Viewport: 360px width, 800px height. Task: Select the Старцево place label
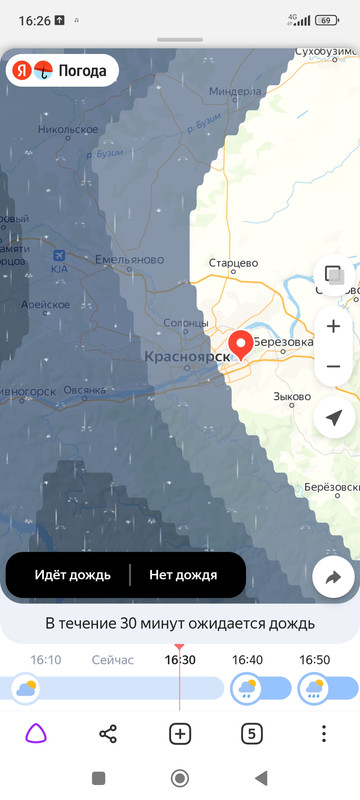(233, 263)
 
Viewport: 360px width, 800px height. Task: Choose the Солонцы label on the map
(185, 323)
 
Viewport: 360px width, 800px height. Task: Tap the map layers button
(334, 273)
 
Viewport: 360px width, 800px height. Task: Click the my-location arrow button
(334, 417)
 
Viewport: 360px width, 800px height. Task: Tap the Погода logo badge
(63, 71)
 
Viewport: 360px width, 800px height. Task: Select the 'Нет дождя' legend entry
(183, 575)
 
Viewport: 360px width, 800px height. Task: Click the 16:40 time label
(248, 660)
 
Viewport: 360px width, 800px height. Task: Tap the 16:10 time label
(46, 660)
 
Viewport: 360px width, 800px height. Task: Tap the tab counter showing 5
(252, 734)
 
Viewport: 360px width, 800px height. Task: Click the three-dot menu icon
(324, 734)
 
